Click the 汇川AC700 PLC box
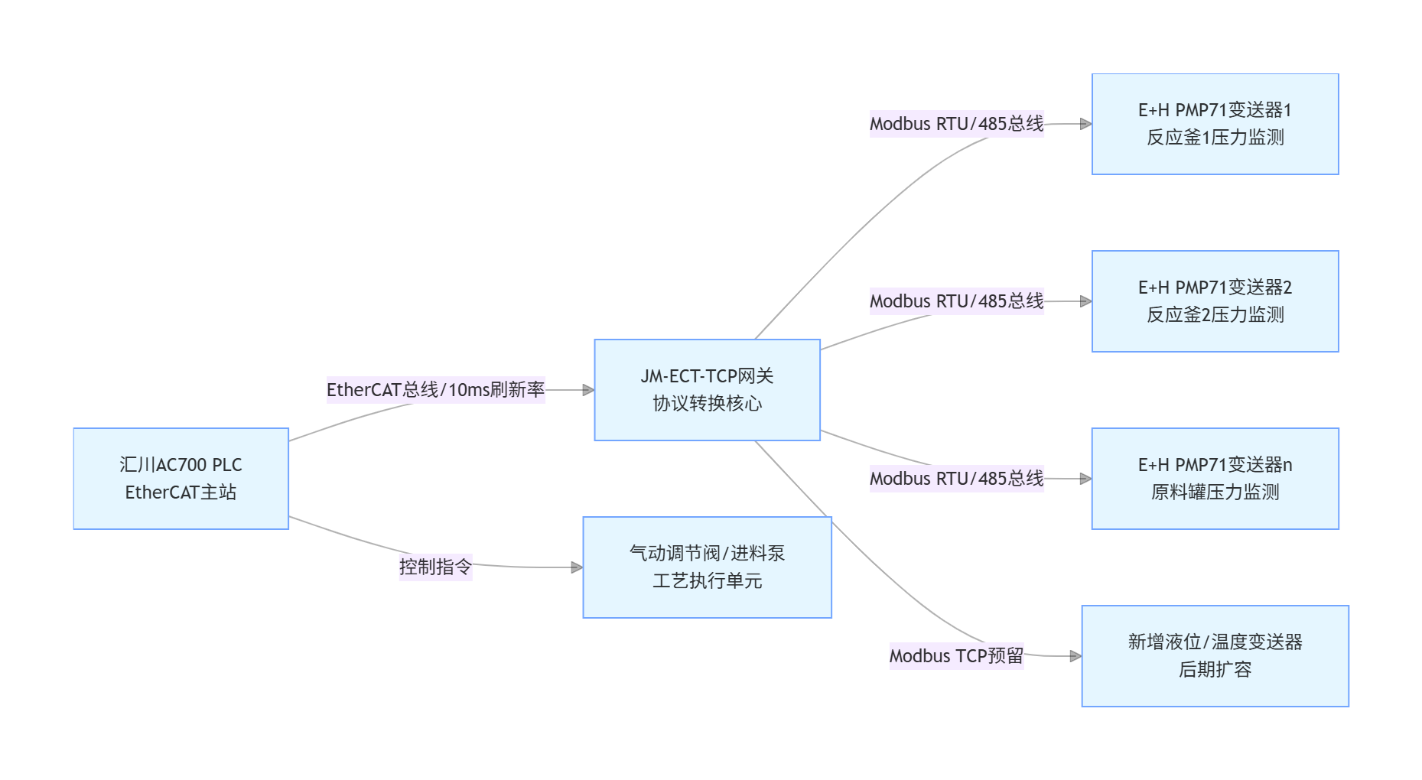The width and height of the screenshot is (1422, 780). click(181, 478)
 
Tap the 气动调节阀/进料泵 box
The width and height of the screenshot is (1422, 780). click(707, 567)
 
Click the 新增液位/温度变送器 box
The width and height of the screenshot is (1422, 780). click(1215, 655)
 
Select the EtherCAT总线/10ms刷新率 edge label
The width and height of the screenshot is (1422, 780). click(435, 390)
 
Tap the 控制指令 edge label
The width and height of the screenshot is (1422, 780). click(435, 567)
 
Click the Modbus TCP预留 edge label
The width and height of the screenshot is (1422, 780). click(956, 656)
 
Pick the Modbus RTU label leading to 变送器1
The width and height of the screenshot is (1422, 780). click(956, 124)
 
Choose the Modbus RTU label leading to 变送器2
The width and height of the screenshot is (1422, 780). click(956, 301)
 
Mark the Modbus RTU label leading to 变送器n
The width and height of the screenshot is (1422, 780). click(956, 479)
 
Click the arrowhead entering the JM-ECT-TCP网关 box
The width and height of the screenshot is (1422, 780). click(588, 390)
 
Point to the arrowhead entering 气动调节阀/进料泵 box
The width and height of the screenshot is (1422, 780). click(577, 567)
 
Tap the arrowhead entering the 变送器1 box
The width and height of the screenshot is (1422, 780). click(1085, 124)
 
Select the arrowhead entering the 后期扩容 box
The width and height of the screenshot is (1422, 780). click(1075, 656)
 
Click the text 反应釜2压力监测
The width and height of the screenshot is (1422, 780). click(1215, 315)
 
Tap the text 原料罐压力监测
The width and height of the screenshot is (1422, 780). click(1215, 492)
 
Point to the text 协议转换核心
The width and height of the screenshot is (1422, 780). click(707, 404)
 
